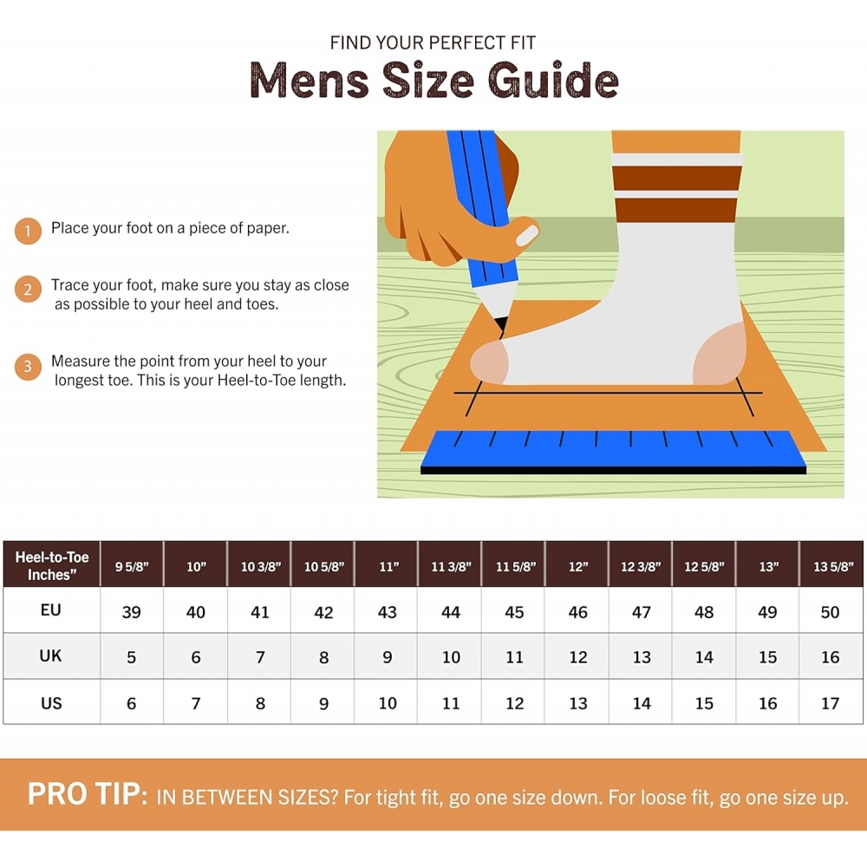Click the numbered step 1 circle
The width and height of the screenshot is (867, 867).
[x=28, y=231]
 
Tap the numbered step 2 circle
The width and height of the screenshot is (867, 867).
[x=28, y=290]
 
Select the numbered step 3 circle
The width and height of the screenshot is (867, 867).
[x=28, y=367]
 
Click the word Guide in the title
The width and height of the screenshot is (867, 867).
[x=553, y=80]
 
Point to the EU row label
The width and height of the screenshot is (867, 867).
[x=50, y=610]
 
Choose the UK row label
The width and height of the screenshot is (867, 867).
[x=50, y=655]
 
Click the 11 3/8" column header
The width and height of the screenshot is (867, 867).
[x=451, y=567]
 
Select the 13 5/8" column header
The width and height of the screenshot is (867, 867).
[x=832, y=567]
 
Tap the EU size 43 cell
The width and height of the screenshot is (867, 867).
[x=387, y=612]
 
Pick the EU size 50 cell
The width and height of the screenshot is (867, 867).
[x=830, y=612]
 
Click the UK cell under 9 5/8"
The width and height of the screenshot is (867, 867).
[x=131, y=657]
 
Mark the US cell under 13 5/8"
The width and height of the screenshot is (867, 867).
[x=830, y=703]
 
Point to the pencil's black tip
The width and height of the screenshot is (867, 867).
[x=501, y=323]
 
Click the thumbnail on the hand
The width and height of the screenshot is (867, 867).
[x=526, y=236]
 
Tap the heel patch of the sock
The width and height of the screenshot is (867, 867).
[x=719, y=355]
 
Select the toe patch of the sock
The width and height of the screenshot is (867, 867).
[x=489, y=362]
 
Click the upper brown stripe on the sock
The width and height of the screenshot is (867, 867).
[x=677, y=178]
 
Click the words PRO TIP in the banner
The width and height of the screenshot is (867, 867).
[x=88, y=794]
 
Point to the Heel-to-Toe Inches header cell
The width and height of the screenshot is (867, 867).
[x=51, y=565]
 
